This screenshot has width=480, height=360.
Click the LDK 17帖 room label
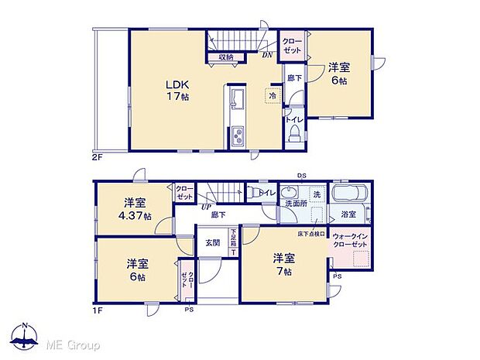pos(176,91)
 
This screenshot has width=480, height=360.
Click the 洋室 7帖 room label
pos(281,265)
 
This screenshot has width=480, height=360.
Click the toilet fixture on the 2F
pos(294,136)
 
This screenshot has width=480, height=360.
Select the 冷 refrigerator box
pos(273,95)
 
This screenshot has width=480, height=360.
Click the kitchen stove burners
pos(238,139)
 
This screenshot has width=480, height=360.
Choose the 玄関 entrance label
pos(211,242)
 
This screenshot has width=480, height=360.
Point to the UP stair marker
pos(205,206)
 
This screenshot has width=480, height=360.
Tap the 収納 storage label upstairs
pos(226,57)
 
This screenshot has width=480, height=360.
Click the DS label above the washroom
pos(303,177)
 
